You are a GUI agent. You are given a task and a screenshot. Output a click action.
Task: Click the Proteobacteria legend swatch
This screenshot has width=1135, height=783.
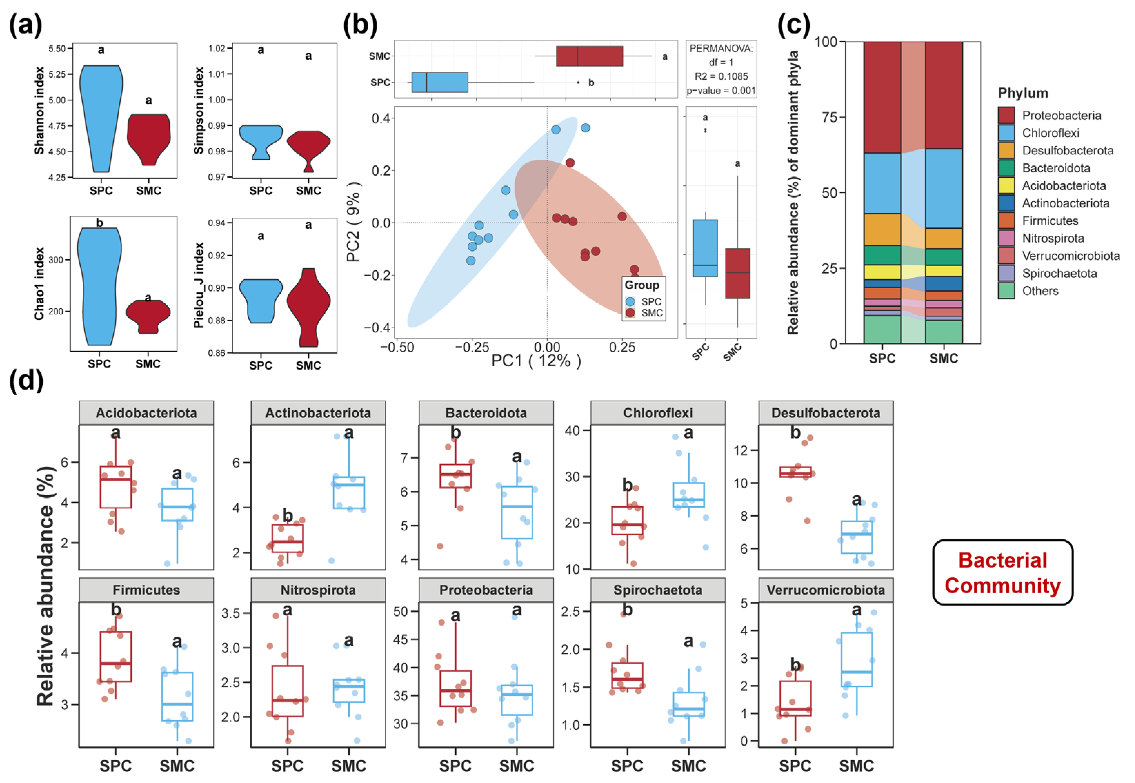[x=1006, y=115]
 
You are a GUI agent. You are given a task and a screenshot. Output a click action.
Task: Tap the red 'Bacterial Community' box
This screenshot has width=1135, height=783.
[x=1002, y=572]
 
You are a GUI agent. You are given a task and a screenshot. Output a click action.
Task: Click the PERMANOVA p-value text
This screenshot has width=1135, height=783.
[x=721, y=91]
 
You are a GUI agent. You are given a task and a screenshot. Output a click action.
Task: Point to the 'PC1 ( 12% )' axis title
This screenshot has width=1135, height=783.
[x=536, y=361]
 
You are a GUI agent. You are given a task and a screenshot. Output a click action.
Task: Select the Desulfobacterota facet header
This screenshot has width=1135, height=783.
[x=825, y=413]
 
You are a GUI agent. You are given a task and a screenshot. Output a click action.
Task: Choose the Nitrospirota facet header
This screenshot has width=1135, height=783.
[x=318, y=590]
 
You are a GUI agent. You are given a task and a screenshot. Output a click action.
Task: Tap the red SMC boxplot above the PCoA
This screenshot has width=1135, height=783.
[x=589, y=56]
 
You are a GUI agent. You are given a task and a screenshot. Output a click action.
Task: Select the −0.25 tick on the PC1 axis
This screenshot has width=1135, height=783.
[x=472, y=348]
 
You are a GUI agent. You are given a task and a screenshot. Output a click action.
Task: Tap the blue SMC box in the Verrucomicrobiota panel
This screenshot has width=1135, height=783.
[x=857, y=659]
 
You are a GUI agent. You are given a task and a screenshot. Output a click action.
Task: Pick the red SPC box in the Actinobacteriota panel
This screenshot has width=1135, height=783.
[x=287, y=538]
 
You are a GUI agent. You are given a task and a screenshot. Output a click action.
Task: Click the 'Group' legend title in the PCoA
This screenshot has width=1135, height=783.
[x=641, y=285]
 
